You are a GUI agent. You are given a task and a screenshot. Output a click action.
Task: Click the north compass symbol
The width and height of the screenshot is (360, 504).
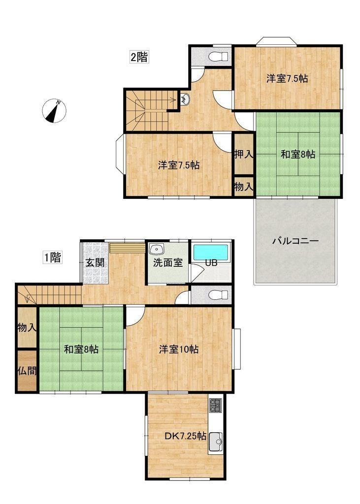coord(54,111)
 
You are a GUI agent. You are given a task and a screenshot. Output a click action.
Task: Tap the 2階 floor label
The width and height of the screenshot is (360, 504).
coord(139,57)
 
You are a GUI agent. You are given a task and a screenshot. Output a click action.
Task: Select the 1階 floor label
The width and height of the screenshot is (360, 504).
coord(53,257)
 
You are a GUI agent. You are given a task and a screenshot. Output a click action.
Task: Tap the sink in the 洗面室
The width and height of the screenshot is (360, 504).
coord(157,249)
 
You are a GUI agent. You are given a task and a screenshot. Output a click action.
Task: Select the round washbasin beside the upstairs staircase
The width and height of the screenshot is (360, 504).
coord(185,99)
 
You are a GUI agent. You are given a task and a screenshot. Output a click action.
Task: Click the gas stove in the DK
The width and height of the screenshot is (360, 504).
coord(215,406)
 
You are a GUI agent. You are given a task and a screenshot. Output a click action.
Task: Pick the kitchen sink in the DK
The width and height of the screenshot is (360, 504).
coord(215,442)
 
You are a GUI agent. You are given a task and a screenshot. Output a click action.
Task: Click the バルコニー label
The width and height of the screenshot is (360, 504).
coord(295,241)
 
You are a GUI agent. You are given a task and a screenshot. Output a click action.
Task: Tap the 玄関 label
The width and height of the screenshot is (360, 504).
coord(95,263)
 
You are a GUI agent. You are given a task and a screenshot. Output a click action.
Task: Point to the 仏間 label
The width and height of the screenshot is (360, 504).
coord(27,371)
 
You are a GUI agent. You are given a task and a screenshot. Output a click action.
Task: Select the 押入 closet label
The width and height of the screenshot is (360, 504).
coord(244,154)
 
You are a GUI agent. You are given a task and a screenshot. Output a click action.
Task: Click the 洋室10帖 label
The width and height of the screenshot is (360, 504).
coord(179,349)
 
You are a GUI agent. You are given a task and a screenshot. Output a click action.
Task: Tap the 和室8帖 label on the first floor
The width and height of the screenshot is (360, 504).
coord(81,349)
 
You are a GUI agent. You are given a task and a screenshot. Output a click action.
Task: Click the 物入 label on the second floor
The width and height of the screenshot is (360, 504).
coord(244,187)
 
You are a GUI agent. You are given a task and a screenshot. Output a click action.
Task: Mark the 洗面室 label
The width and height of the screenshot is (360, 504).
coord(168,263)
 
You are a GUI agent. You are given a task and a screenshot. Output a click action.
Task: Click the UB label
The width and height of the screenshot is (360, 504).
coord(211,263)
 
